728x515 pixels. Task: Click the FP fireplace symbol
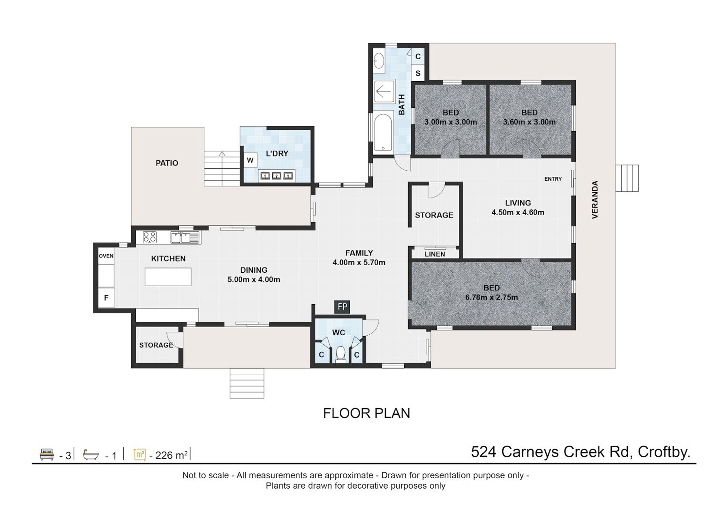click(x=342, y=307)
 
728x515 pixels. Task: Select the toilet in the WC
click(x=341, y=354)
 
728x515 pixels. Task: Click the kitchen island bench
click(x=168, y=277)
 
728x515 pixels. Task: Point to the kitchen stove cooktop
click(x=150, y=237)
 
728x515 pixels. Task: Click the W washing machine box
click(x=250, y=160)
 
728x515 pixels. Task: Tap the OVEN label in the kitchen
click(x=106, y=256)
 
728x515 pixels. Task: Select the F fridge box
click(x=106, y=298)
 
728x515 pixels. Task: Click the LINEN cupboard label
click(x=435, y=254)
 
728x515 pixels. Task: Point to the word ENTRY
click(x=553, y=179)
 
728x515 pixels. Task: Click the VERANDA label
click(x=595, y=199)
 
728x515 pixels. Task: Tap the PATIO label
click(x=167, y=163)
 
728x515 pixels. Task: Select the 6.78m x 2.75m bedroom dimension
click(x=492, y=298)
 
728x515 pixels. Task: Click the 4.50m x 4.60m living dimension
click(x=518, y=213)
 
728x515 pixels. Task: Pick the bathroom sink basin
click(x=379, y=61)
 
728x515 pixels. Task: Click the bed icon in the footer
click(x=47, y=454)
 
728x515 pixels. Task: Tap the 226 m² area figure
click(x=171, y=455)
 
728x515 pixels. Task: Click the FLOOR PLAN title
click(x=366, y=413)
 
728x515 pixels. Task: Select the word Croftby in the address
click(x=664, y=453)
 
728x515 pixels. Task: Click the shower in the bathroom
click(x=384, y=91)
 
